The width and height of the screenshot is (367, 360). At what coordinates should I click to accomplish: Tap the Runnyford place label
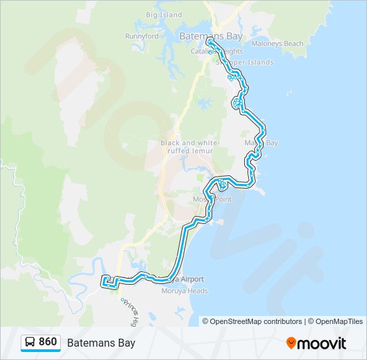(x=141, y=37)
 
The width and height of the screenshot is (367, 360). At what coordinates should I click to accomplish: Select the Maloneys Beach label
(x=277, y=44)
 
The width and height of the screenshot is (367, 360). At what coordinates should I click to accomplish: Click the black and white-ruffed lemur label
(x=187, y=147)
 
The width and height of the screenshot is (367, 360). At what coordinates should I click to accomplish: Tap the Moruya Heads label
(x=185, y=291)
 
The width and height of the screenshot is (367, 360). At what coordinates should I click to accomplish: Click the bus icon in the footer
(x=30, y=343)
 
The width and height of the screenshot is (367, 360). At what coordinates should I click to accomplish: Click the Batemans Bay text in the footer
(x=101, y=343)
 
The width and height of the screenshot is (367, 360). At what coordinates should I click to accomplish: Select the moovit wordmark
(x=322, y=343)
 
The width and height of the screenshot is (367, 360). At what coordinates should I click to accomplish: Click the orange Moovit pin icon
(x=291, y=343)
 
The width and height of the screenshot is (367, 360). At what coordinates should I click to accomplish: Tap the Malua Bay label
(x=261, y=143)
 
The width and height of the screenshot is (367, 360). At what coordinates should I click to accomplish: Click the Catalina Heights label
(x=217, y=51)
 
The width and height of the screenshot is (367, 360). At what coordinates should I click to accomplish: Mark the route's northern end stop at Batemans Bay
(x=210, y=41)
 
